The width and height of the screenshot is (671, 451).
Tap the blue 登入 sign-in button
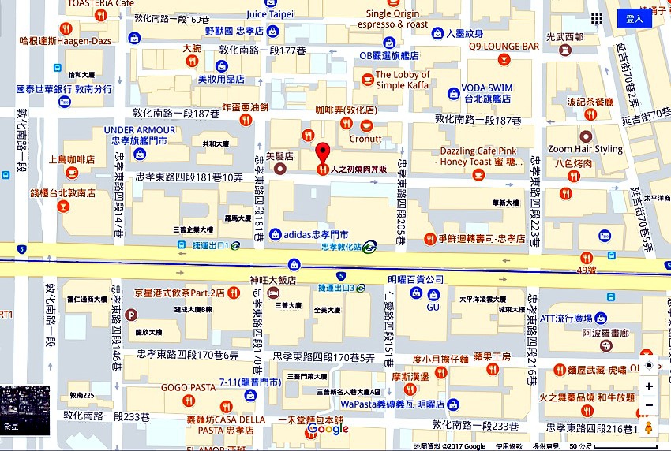[x=634, y=19]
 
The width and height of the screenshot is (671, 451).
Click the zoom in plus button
[x=649, y=386]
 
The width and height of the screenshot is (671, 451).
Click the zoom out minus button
[x=649, y=405]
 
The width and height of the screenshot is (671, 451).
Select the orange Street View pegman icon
[x=649, y=428]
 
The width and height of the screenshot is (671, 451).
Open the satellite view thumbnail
[x=25, y=410]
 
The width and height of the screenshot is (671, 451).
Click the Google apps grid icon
[x=597, y=19]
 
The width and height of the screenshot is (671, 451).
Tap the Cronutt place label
[x=365, y=139]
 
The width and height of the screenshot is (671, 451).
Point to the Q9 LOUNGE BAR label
[x=504, y=47]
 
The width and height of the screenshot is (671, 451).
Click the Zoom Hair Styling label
[x=585, y=149]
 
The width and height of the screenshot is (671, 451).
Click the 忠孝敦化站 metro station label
[x=346, y=246]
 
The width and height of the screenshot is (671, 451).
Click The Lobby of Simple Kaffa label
[x=402, y=80]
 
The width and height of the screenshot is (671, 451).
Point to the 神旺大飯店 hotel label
[x=272, y=279]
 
